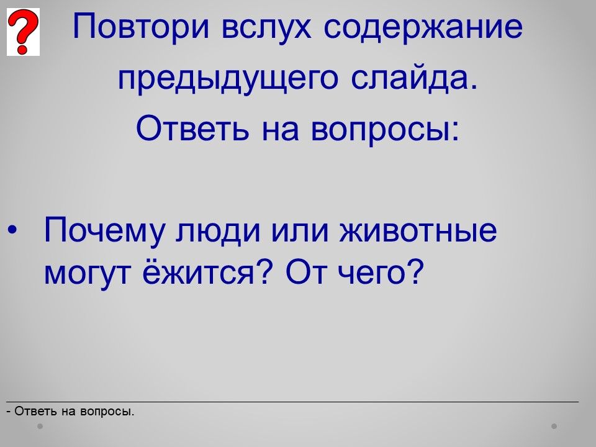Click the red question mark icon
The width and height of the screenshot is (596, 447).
(23, 32)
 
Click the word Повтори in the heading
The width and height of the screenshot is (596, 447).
(141, 27)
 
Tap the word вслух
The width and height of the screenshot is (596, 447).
(266, 27)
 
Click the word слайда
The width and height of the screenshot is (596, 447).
(414, 78)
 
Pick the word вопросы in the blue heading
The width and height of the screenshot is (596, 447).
(385, 129)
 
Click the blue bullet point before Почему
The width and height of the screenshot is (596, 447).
(12, 230)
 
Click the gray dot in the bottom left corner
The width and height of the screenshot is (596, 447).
(40, 426)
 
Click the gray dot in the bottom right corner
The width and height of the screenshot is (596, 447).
(554, 426)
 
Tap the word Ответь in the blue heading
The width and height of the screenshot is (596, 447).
(192, 128)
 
